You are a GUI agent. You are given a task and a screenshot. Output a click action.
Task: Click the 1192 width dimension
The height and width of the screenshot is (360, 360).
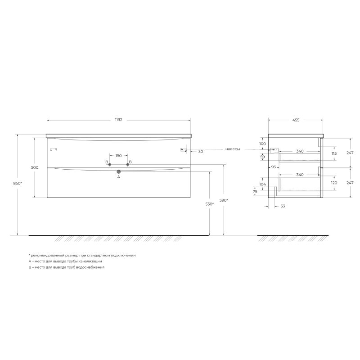(118, 120)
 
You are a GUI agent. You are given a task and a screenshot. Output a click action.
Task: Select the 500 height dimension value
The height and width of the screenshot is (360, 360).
(35, 167)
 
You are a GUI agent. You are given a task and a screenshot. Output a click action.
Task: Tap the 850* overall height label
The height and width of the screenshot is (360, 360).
(18, 184)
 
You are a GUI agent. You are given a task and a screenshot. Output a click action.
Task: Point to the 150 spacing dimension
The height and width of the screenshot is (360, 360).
(118, 156)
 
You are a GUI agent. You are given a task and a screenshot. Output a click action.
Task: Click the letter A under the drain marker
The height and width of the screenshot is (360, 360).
(119, 177)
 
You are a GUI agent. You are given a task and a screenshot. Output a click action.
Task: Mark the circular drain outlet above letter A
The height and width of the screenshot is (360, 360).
(119, 171)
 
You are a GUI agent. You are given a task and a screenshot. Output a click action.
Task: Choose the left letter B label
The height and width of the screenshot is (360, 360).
(107, 162)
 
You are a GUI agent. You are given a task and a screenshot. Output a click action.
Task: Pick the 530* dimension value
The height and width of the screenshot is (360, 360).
(209, 204)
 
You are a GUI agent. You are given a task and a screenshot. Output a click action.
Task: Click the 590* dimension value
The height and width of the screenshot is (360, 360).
(224, 200)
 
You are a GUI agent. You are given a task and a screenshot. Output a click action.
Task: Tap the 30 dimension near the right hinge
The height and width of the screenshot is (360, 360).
(201, 152)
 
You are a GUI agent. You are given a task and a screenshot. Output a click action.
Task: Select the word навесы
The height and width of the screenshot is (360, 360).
(233, 149)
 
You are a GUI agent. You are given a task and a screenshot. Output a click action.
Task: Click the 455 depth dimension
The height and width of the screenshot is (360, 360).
(296, 120)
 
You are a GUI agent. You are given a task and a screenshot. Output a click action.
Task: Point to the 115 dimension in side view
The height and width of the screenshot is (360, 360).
(334, 153)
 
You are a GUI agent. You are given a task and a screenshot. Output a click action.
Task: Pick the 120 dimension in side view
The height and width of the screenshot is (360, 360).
(334, 184)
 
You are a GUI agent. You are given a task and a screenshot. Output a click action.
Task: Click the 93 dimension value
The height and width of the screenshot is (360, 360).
(273, 167)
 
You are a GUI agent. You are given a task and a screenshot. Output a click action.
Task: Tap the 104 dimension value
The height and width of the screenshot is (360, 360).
(263, 184)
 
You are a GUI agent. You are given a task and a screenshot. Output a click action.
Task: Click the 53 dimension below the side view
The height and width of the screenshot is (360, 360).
(283, 206)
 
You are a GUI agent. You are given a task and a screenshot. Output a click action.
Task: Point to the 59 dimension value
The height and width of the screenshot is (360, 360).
(263, 157)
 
